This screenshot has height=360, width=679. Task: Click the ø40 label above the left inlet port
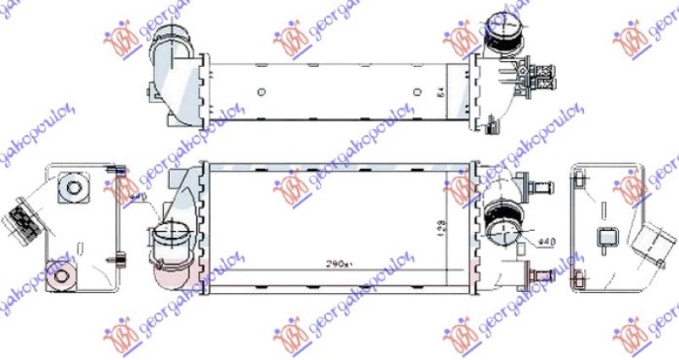point(137,198)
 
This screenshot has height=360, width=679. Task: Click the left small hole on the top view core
point(261,91)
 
